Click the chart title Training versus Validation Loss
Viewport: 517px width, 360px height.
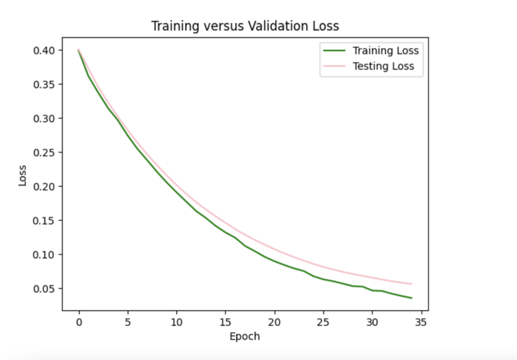(x=245, y=26)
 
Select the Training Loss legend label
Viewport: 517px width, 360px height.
(x=386, y=51)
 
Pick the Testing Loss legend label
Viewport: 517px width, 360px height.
(x=383, y=66)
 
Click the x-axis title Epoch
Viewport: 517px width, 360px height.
(x=245, y=337)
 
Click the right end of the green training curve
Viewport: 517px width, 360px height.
(x=411, y=298)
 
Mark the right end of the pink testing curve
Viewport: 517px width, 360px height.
(x=411, y=284)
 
